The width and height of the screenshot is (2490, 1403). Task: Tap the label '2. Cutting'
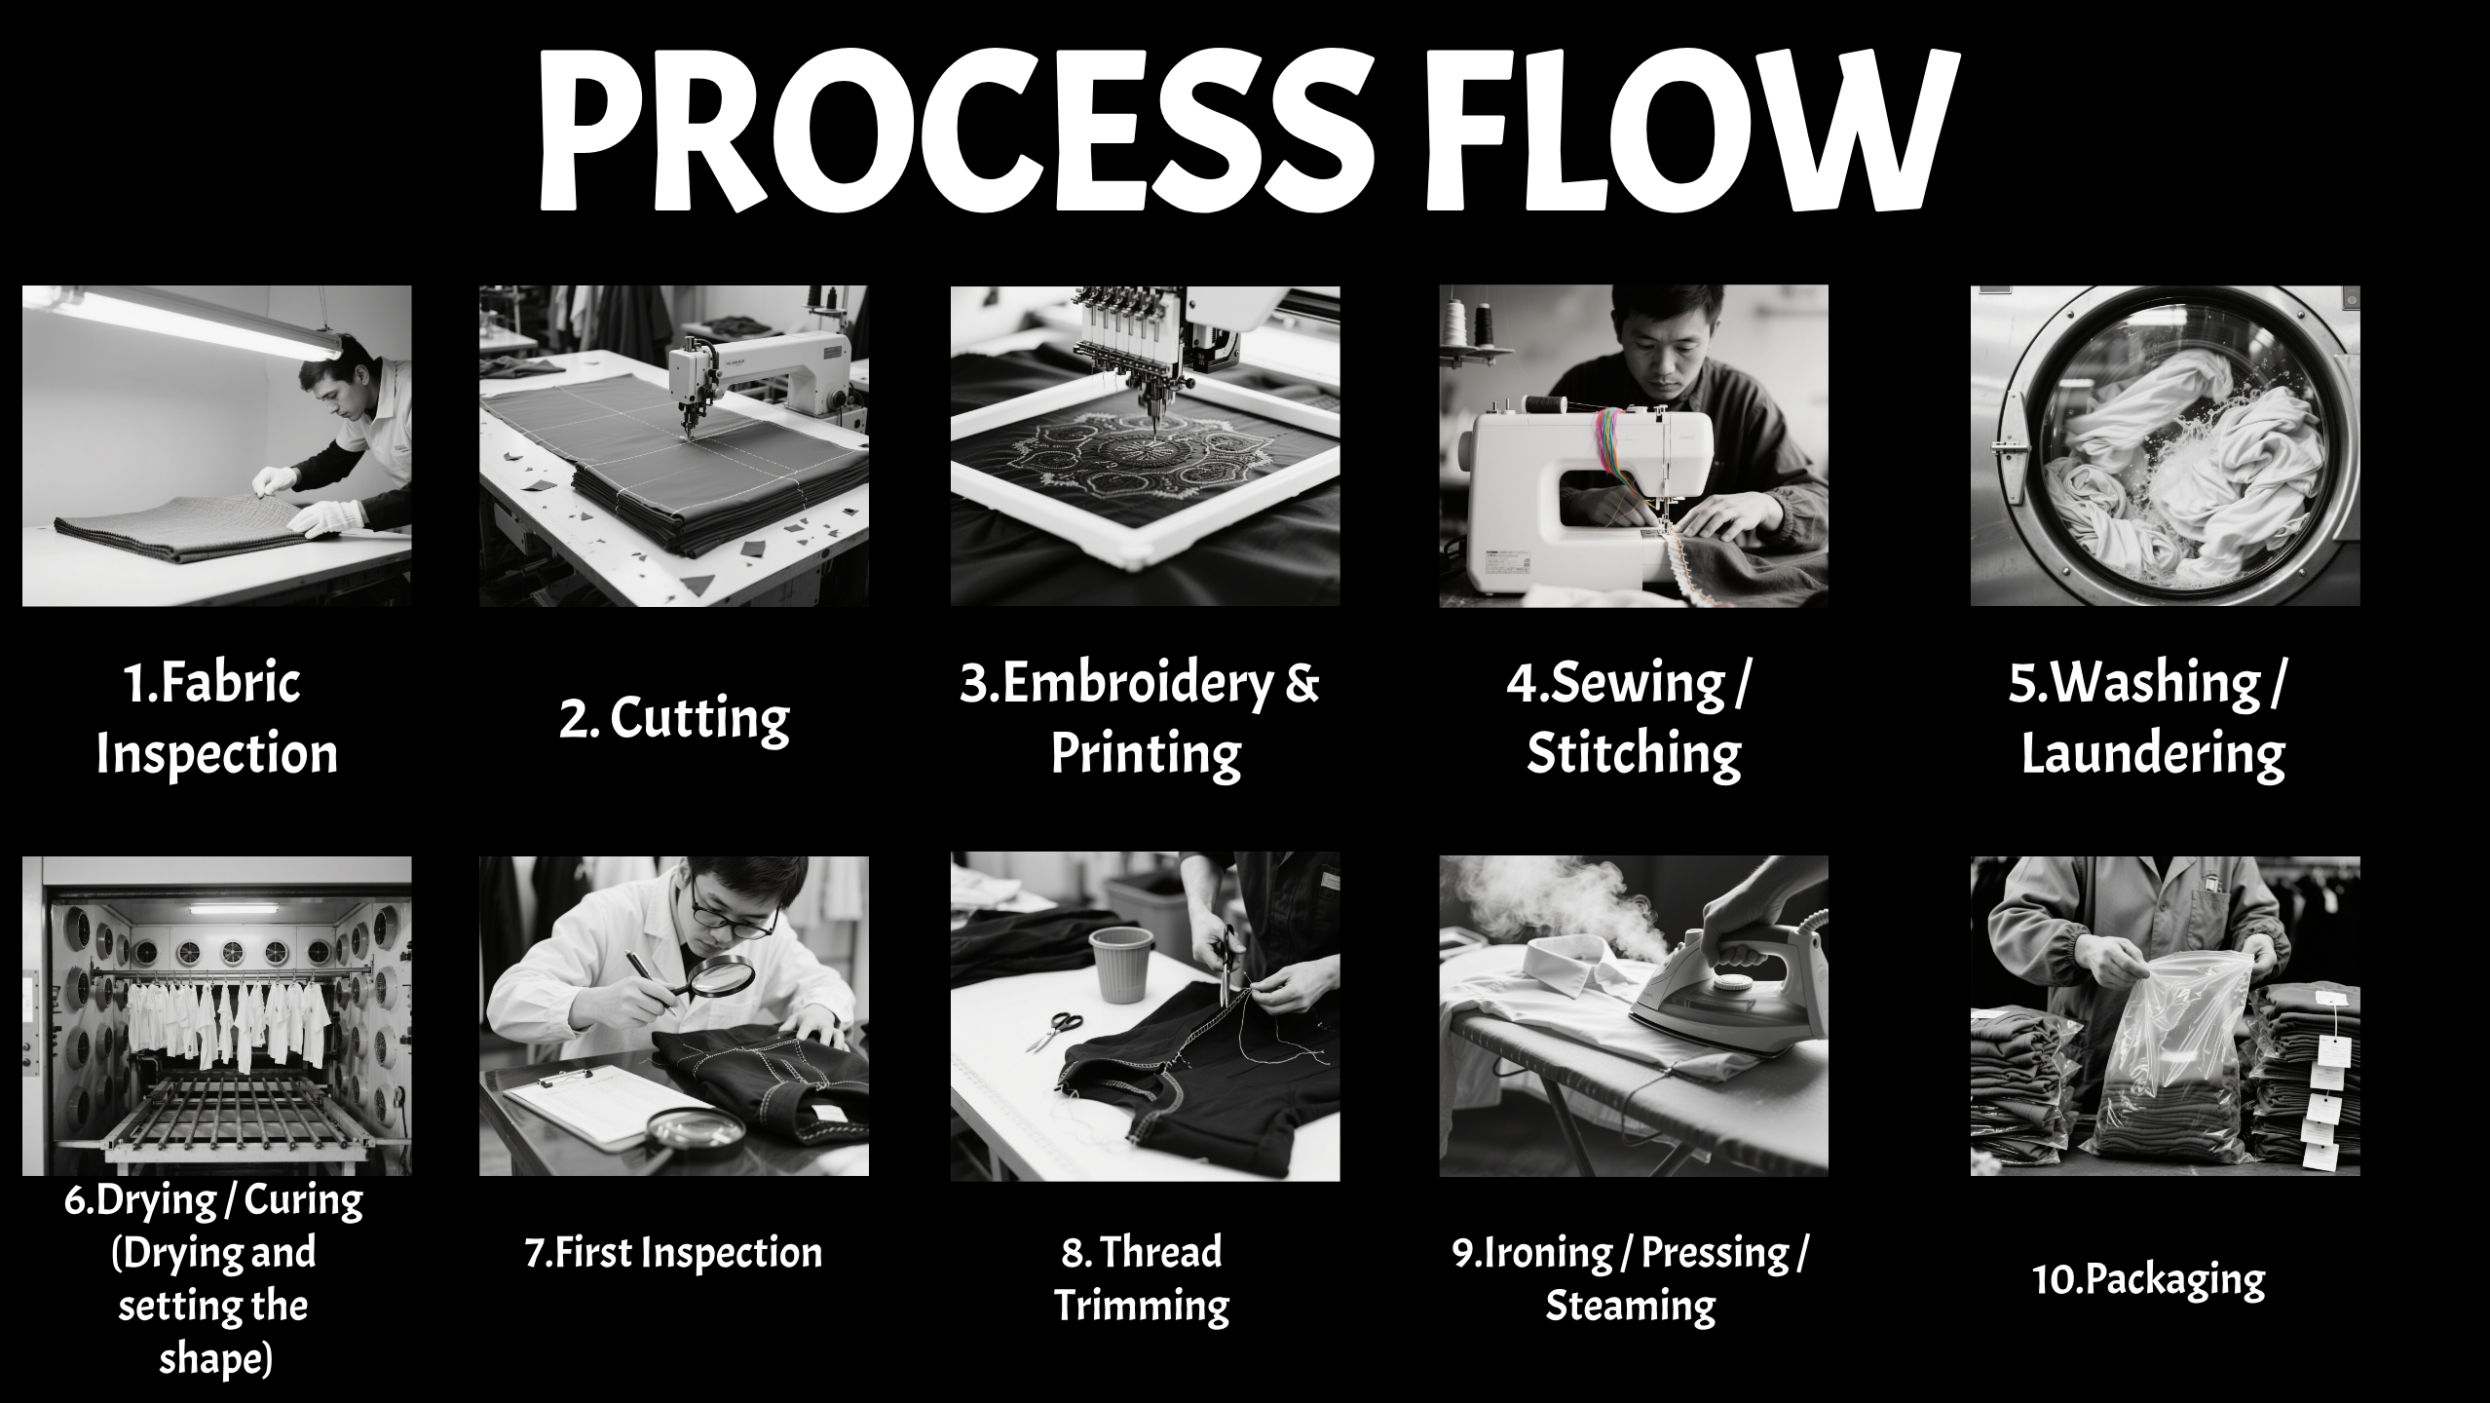(674, 719)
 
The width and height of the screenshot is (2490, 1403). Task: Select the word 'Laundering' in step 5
(2153, 754)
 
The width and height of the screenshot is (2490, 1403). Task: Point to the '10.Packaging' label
(2148, 1279)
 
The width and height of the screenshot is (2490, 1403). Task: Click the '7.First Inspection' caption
(673, 1252)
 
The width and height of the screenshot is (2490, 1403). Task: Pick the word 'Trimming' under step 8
(1142, 1306)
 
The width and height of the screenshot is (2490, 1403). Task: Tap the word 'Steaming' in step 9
(1630, 1306)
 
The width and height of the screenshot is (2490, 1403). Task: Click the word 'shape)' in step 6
(215, 1358)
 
